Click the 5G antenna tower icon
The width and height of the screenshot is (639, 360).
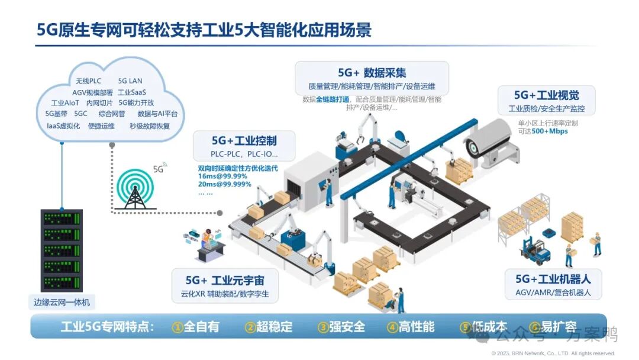tap(135, 189)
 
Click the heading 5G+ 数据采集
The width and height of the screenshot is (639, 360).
tap(372, 73)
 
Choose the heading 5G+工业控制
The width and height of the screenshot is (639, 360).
tap(244, 140)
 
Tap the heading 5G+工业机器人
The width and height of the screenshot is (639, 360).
tap(553, 278)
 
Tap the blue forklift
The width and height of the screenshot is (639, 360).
tap(535, 250)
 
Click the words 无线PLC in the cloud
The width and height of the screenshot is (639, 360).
tap(88, 81)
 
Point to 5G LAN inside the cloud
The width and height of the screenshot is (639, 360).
tap(130, 81)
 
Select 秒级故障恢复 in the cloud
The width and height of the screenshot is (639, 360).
tap(150, 126)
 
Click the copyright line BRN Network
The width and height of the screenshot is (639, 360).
tap(553, 353)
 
